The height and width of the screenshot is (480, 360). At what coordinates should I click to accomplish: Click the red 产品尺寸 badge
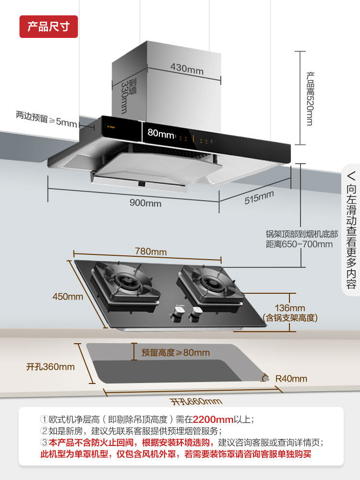click(x=48, y=26)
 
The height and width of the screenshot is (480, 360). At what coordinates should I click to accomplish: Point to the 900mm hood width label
click(x=145, y=203)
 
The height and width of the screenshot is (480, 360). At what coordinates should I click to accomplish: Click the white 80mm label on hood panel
click(x=160, y=133)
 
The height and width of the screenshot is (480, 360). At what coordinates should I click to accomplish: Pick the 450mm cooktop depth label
click(x=68, y=296)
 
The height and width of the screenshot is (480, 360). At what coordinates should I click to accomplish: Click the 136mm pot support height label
click(x=290, y=312)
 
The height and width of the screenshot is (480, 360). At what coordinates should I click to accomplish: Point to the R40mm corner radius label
click(x=291, y=379)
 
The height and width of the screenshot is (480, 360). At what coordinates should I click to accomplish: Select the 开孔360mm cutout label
click(x=50, y=367)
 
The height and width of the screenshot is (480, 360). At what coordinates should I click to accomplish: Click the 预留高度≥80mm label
click(x=175, y=353)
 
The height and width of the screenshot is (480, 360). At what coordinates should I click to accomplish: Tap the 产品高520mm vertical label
click(x=310, y=99)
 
